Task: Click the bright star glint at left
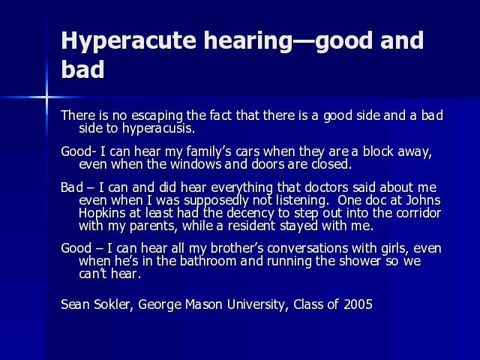46,97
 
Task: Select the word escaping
157,115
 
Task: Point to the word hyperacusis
158,128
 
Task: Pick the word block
378,151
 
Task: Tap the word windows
196,164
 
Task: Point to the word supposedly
217,201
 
